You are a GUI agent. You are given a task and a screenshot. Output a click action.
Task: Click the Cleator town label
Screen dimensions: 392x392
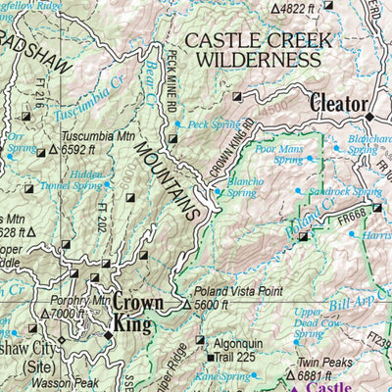(x=338, y=102)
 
